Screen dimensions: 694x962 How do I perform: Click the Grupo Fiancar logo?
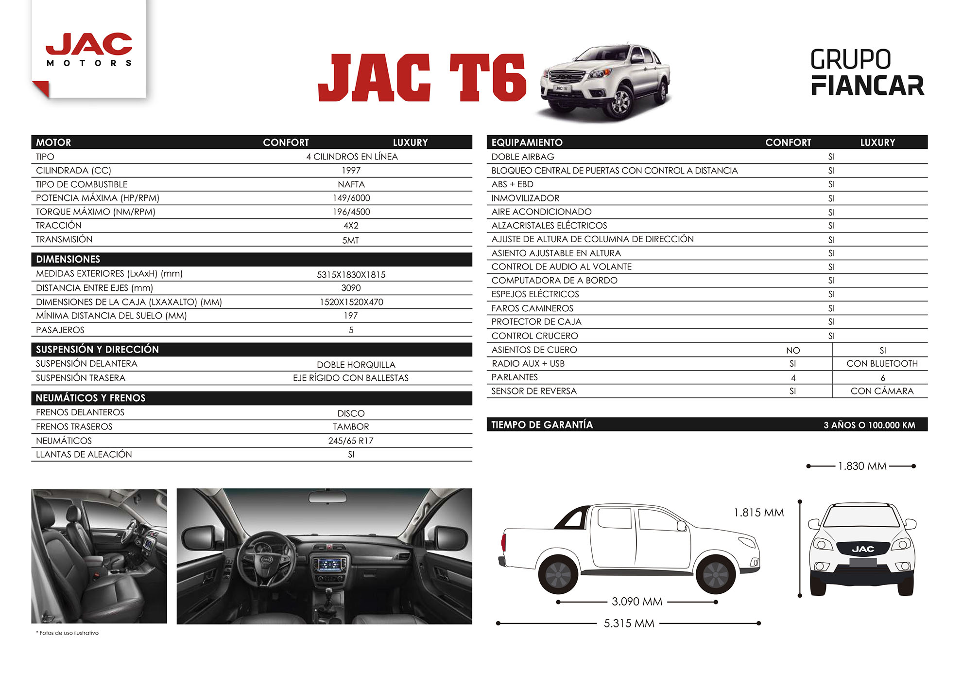pyautogui.click(x=867, y=72)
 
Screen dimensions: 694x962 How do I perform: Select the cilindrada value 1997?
pyautogui.click(x=351, y=171)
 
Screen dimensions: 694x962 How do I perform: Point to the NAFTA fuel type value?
pyautogui.click(x=351, y=184)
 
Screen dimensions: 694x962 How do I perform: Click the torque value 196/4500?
pyautogui.click(x=351, y=212)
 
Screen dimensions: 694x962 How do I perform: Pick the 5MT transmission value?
pyautogui.click(x=350, y=240)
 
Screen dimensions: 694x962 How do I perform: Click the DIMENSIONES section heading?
pyautogui.click(x=68, y=259)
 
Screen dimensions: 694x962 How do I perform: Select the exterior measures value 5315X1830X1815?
pyautogui.click(x=351, y=275)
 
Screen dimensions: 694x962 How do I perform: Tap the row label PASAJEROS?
pyautogui.click(x=60, y=330)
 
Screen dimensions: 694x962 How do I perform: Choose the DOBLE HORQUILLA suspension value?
pyautogui.click(x=356, y=365)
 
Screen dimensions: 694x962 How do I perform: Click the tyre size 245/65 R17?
pyautogui.click(x=351, y=441)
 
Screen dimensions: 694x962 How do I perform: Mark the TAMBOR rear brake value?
pyautogui.click(x=351, y=427)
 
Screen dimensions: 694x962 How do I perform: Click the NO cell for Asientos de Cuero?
pyautogui.click(x=793, y=351)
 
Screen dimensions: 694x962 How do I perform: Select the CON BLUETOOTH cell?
pyautogui.click(x=882, y=364)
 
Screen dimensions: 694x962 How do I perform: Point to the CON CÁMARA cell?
pyautogui.click(x=882, y=391)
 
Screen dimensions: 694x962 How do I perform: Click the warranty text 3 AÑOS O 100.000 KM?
pyautogui.click(x=869, y=425)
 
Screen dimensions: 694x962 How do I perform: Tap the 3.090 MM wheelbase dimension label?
pyautogui.click(x=637, y=602)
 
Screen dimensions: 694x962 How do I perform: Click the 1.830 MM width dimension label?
pyautogui.click(x=862, y=466)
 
